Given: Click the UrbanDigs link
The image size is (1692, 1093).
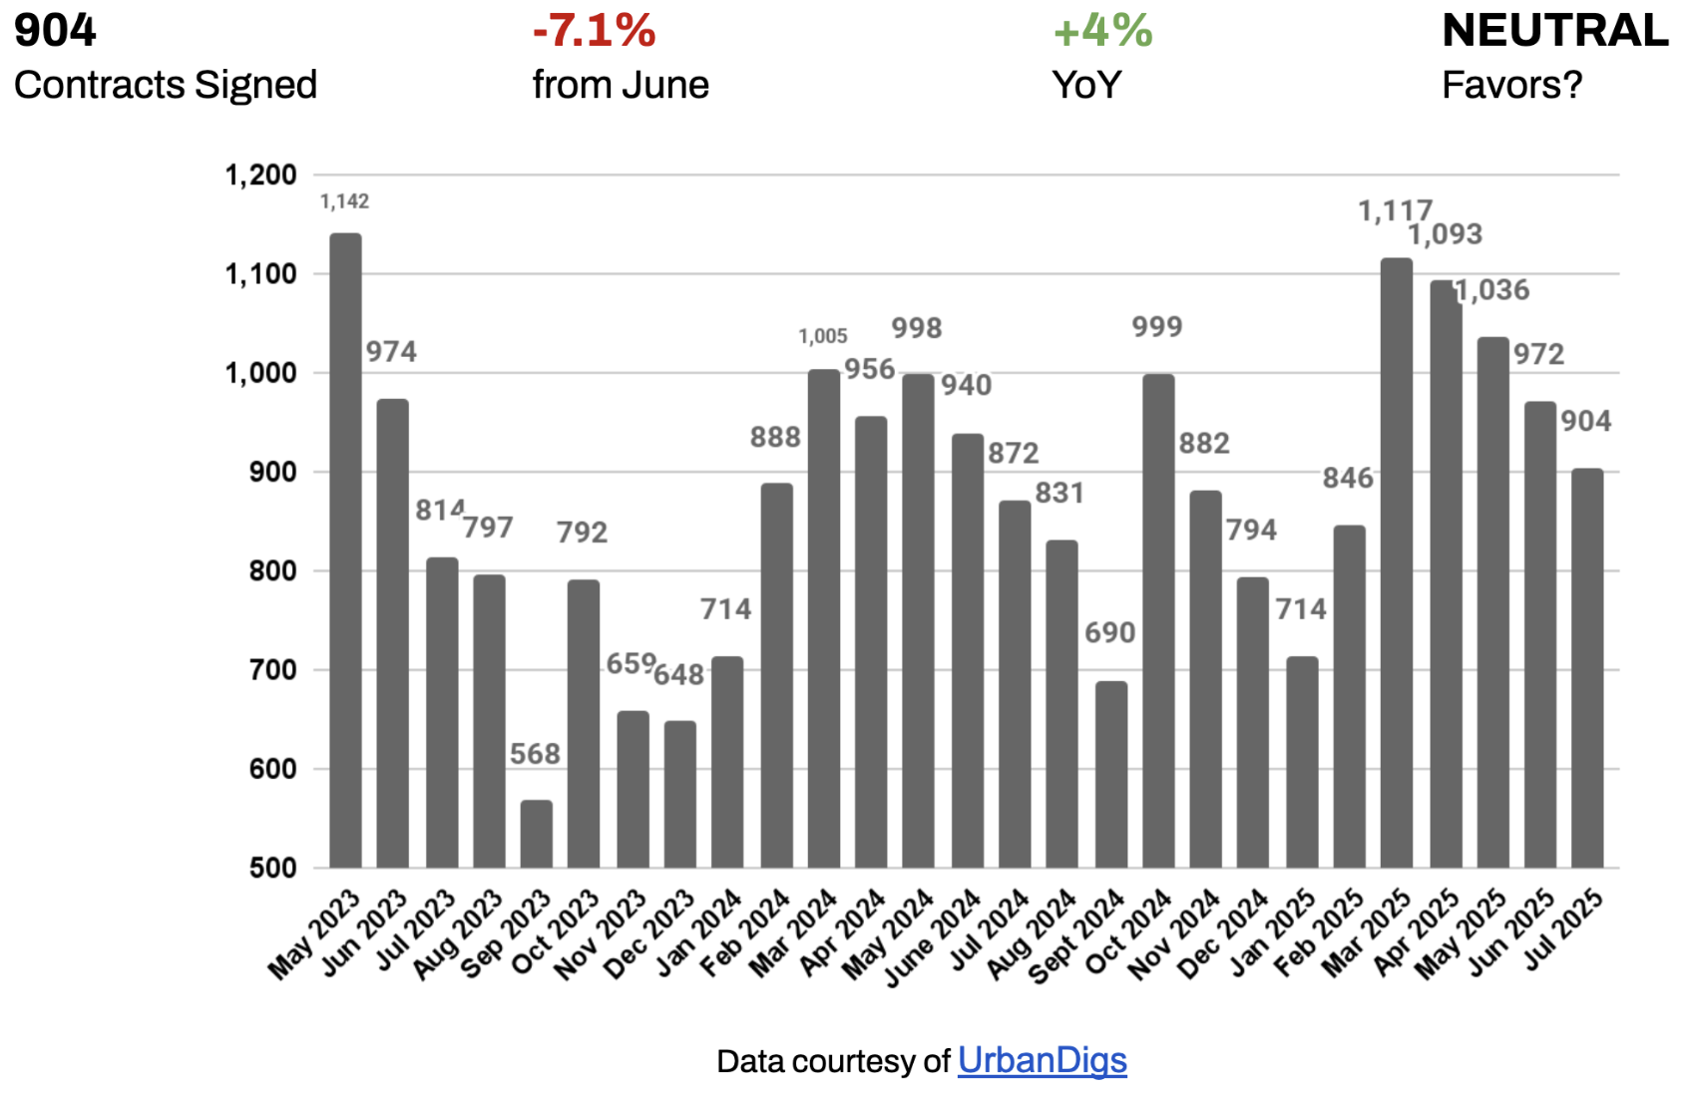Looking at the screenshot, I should click(x=1042, y=1060).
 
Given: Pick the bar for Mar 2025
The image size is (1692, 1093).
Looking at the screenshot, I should click(x=1396, y=562).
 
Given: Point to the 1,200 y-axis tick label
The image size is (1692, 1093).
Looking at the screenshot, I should click(x=260, y=176).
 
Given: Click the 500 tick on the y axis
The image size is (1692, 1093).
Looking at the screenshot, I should click(x=272, y=868).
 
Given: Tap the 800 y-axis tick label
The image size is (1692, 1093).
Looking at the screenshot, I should click(x=272, y=571).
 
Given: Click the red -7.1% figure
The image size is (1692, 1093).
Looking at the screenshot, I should click(x=594, y=31).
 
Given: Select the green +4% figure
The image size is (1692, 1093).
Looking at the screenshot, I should click(x=1102, y=31).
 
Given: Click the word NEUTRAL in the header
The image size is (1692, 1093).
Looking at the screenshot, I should click(x=1554, y=31).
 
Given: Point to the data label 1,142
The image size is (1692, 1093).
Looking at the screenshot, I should click(x=344, y=201).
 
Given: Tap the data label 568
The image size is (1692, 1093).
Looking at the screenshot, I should click(x=535, y=754).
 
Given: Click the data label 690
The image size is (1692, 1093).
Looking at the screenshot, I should click(x=1109, y=633).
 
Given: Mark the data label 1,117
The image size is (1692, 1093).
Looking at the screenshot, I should click(x=1395, y=211).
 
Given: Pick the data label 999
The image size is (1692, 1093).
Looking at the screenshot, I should click(x=1156, y=327).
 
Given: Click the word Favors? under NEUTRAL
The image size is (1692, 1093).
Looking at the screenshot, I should click(x=1511, y=86).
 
